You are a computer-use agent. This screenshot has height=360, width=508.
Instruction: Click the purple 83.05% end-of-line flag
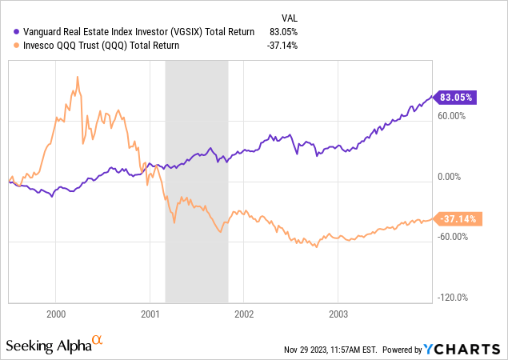coord(455,97)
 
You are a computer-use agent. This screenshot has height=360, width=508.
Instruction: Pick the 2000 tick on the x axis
coord(56,315)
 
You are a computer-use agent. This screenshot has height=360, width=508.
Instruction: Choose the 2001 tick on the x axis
coord(150,315)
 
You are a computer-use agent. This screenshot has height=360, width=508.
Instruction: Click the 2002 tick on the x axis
coord(243,315)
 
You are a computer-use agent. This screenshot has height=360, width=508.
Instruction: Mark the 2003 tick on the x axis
coord(338,315)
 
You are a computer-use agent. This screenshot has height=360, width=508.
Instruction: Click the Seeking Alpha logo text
coord(47,346)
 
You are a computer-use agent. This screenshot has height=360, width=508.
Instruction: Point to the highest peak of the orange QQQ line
coord(78,77)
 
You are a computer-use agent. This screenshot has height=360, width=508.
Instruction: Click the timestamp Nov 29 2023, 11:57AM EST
coord(330,350)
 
